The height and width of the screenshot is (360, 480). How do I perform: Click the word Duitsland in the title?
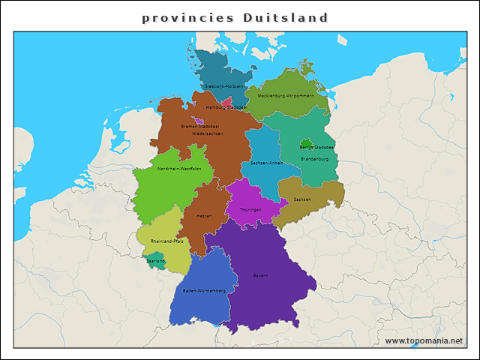click(x=286, y=17)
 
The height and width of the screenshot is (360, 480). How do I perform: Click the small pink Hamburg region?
click(x=226, y=100)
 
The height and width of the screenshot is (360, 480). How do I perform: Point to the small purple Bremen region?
click(x=199, y=120)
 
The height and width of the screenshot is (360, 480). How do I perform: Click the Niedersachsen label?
click(x=208, y=133)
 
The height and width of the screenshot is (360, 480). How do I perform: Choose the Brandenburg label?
click(x=315, y=159)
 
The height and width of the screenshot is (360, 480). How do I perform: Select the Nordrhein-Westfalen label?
click(x=179, y=169)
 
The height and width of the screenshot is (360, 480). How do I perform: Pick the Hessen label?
click(x=204, y=216)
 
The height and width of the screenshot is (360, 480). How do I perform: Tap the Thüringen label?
click(x=250, y=209)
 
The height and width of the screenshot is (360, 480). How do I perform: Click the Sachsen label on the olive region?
click(x=302, y=199)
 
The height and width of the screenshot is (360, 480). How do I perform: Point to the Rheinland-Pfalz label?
click(x=167, y=241)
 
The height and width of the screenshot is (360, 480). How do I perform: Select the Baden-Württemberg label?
click(x=204, y=290)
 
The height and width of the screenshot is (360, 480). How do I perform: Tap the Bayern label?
click(x=260, y=276)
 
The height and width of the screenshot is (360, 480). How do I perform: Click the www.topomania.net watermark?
click(x=424, y=340)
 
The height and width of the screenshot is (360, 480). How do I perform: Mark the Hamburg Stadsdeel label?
click(x=226, y=107)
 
